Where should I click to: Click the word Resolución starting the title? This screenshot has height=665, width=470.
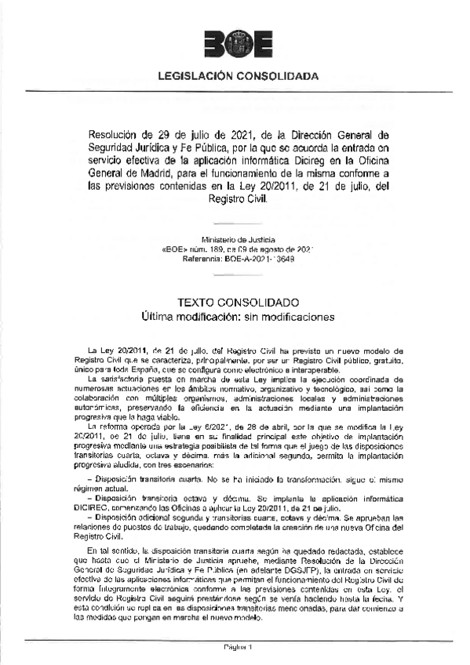(x=112, y=133)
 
